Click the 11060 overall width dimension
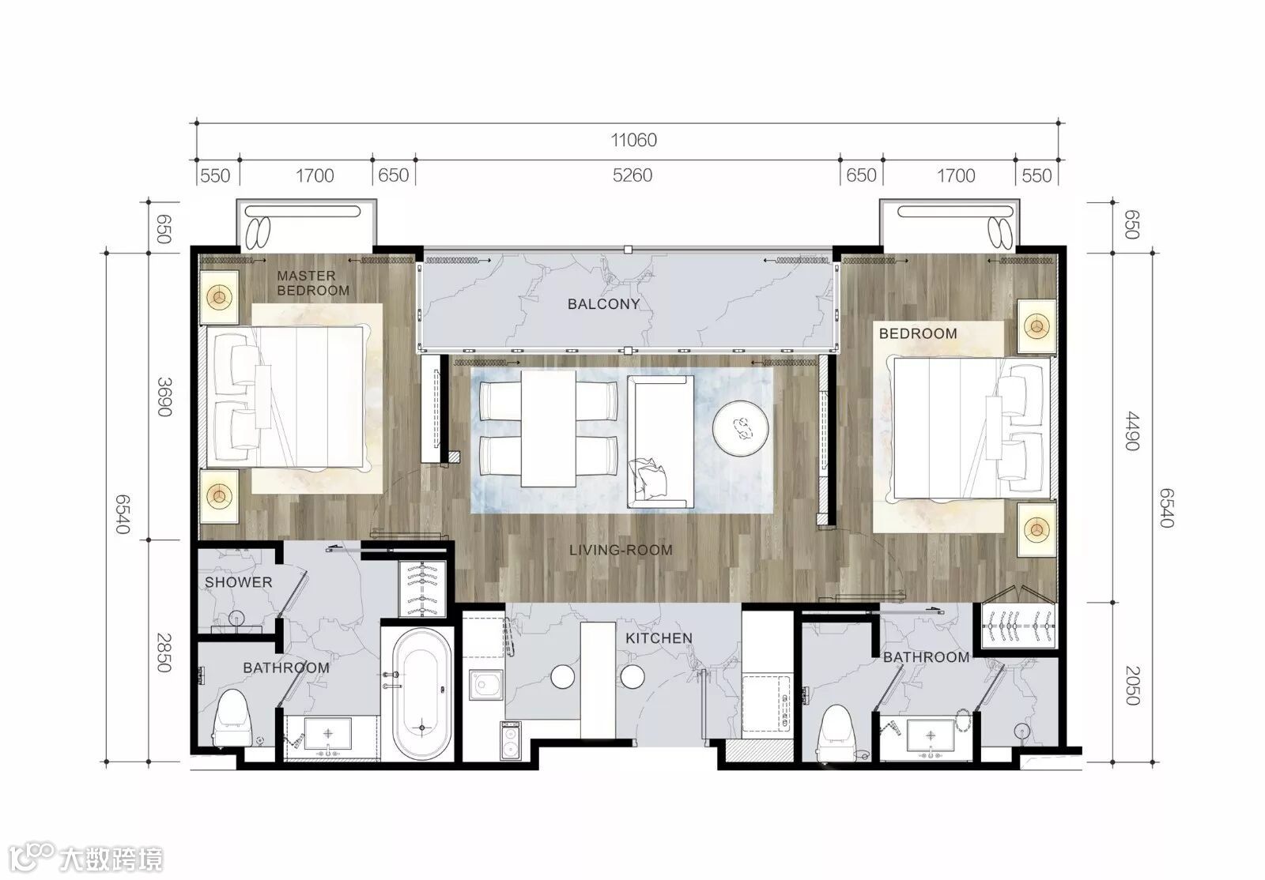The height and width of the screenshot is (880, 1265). tap(633, 140)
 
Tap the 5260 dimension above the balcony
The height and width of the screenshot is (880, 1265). tap(632, 175)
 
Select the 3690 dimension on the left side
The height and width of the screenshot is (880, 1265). tap(164, 397)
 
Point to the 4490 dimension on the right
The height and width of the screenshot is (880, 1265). tap(1131, 431)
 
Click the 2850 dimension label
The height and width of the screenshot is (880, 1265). tap(164, 652)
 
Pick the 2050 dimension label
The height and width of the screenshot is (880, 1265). tap(1131, 686)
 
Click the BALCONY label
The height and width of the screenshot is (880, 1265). tap(603, 304)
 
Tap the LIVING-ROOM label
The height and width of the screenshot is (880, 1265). tap(621, 550)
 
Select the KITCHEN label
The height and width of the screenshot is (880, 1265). tap(659, 638)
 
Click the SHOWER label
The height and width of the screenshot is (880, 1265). tap(238, 582)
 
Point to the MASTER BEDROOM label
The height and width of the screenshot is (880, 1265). tap(313, 283)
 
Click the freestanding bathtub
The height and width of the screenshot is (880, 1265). tap(421, 694)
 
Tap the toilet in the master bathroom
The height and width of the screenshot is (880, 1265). tap(232, 717)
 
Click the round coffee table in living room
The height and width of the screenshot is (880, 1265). tap(740, 429)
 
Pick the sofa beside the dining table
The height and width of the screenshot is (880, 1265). tap(660, 442)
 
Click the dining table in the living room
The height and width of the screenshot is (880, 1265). tap(549, 428)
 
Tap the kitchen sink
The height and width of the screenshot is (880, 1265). tap(485, 685)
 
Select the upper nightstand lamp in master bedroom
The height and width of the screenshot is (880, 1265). tap(219, 297)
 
